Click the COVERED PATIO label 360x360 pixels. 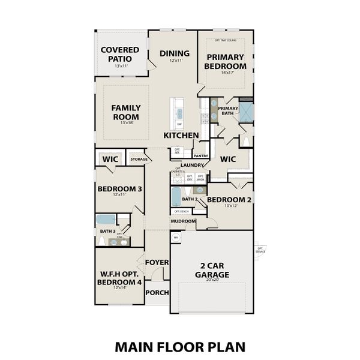pyautogui.click(x=120, y=54)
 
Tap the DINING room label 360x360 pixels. pyautogui.click(x=175, y=53)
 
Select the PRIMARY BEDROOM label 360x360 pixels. pyautogui.click(x=226, y=62)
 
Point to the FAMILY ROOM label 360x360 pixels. pyautogui.click(x=126, y=112)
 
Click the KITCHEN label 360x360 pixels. pyautogui.click(x=181, y=136)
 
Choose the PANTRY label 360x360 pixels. pyautogui.click(x=201, y=155)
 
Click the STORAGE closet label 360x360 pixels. pyautogui.click(x=139, y=159)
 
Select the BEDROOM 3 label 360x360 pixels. pyautogui.click(x=120, y=189)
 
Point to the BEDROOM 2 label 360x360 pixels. pyautogui.click(x=226, y=199)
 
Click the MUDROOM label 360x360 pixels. pyautogui.click(x=183, y=221)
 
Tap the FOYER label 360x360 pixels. pyautogui.click(x=157, y=262)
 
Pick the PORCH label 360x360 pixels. pyautogui.click(x=157, y=293)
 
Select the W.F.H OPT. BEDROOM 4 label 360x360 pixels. pyautogui.click(x=120, y=278)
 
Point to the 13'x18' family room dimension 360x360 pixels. pyautogui.click(x=126, y=122)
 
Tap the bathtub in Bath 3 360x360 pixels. pyautogui.click(x=106, y=220)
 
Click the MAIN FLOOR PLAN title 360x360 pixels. pyautogui.click(x=180, y=347)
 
